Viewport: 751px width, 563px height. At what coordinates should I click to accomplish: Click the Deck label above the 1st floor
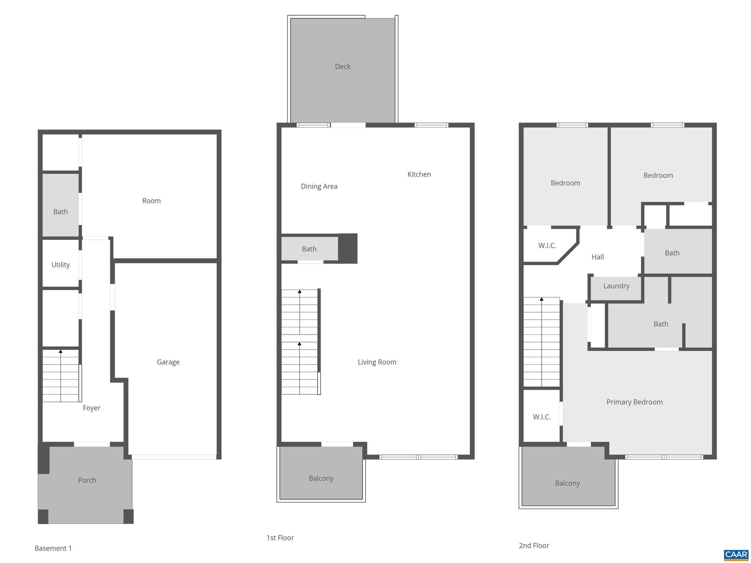(x=342, y=66)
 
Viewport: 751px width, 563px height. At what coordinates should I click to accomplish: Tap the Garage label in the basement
(x=168, y=362)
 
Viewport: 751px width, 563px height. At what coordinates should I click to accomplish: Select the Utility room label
(x=61, y=265)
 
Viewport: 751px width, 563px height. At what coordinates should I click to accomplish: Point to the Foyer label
(x=91, y=408)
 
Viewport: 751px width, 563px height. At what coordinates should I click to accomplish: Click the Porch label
(x=87, y=480)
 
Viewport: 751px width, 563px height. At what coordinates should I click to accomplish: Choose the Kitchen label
(x=419, y=174)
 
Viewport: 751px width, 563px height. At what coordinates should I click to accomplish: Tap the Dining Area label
(x=319, y=186)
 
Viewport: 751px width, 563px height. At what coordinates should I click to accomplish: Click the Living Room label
(x=377, y=362)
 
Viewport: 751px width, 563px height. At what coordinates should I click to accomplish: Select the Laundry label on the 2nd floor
(x=616, y=286)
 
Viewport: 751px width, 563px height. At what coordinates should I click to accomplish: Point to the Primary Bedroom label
(x=634, y=402)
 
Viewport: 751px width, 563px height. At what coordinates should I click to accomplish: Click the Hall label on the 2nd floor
(x=597, y=257)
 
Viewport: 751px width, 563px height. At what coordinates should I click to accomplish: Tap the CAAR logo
(x=736, y=555)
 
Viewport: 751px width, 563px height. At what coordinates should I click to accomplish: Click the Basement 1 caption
(x=53, y=548)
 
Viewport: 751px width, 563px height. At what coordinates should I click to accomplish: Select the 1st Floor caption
(x=280, y=538)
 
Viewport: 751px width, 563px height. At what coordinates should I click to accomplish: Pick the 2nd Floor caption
(x=534, y=545)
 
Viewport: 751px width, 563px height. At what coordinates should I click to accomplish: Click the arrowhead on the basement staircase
(x=61, y=351)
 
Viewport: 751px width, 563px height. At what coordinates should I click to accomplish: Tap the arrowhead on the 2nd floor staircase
(x=541, y=299)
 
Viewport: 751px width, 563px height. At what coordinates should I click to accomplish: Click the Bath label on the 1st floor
(x=309, y=249)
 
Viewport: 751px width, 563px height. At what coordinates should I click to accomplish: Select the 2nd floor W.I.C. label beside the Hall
(x=547, y=246)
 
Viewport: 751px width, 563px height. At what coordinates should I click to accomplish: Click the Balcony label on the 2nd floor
(x=567, y=483)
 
